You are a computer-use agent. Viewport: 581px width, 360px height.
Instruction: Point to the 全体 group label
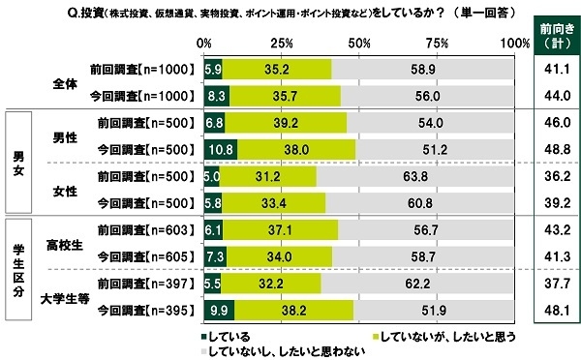[x=66, y=82]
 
